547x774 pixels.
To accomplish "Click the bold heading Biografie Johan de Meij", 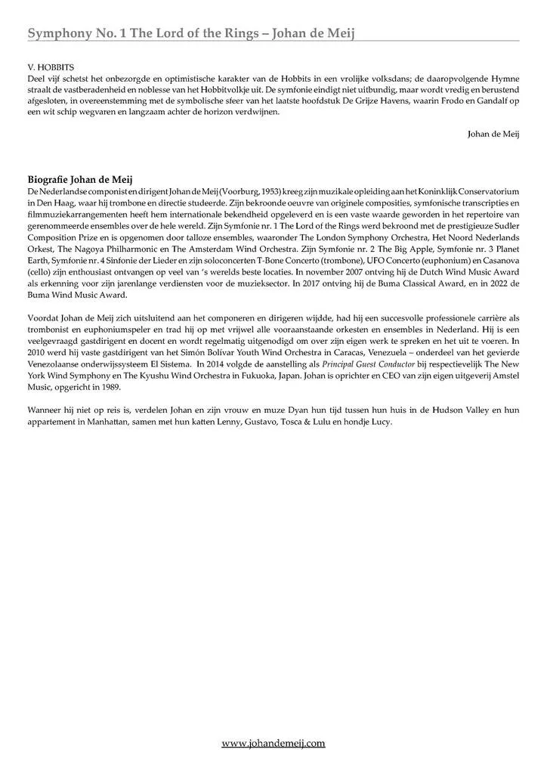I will coord(80,180).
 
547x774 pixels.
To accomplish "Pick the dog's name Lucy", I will coord(380,422).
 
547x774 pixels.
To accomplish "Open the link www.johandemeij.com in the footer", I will coord(273,744).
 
